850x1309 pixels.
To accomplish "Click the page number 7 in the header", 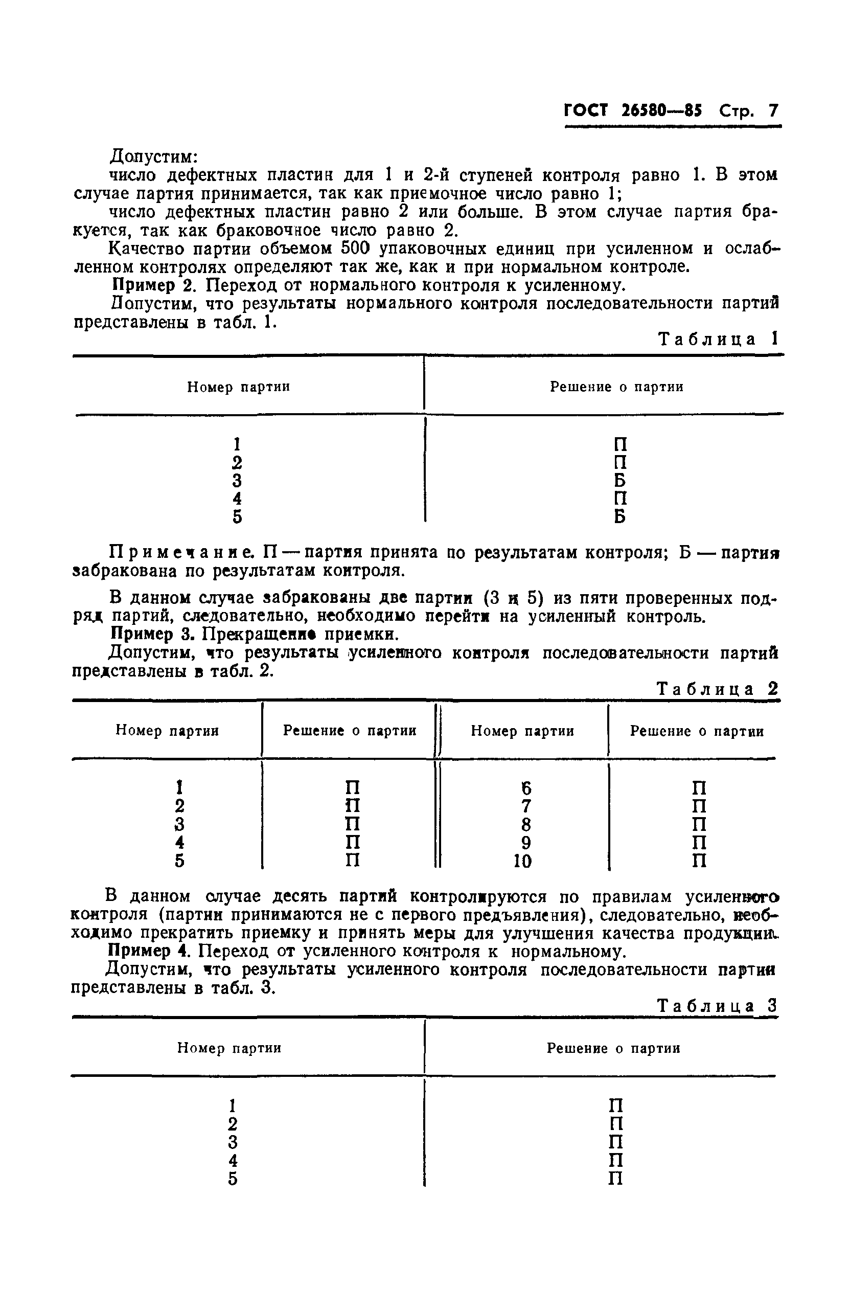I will [x=773, y=111].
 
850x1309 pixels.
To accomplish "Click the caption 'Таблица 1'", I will [x=718, y=340].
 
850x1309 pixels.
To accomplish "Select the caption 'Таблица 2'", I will [x=718, y=689].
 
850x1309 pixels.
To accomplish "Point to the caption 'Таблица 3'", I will [x=718, y=1006].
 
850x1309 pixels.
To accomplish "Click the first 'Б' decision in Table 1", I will [x=619, y=481].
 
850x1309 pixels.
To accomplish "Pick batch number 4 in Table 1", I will [x=237, y=499].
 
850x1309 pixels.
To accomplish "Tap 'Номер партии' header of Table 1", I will [x=238, y=387].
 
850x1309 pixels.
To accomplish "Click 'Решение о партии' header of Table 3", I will [x=613, y=1048].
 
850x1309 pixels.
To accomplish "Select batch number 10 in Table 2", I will [x=522, y=861].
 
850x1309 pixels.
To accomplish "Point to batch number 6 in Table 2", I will [x=526, y=788].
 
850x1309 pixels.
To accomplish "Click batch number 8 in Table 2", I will [x=525, y=825].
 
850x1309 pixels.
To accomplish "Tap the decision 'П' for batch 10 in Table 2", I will [x=698, y=861].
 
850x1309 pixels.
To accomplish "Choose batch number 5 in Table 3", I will [x=233, y=1179].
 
